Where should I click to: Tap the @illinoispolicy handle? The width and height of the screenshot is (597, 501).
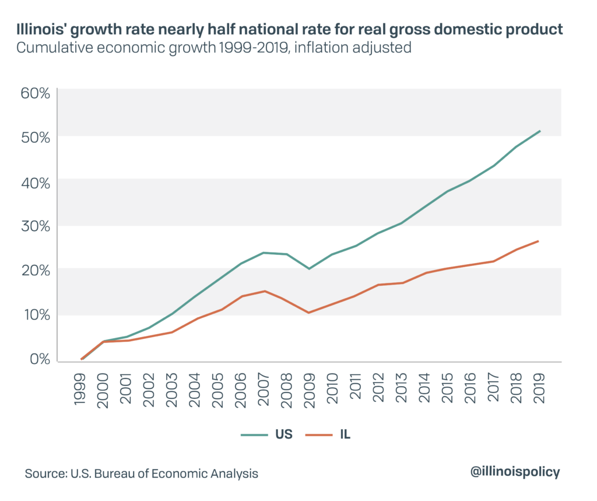515,472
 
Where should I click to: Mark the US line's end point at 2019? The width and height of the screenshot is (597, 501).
540,131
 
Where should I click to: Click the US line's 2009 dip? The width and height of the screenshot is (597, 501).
310,269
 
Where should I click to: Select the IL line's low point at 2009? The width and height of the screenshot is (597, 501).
309,313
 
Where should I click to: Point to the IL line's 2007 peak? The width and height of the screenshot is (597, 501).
265,291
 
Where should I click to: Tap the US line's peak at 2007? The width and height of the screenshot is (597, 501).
264,253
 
